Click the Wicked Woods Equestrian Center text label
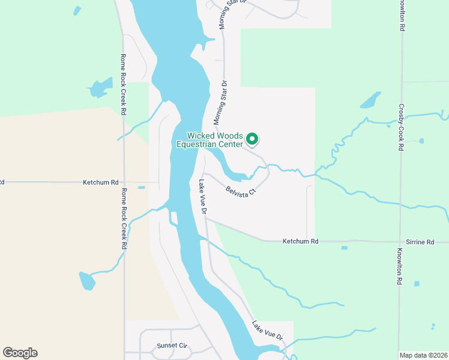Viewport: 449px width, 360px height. click(x=209, y=140)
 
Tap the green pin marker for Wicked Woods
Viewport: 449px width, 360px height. click(x=253, y=139)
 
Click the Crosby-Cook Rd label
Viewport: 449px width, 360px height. click(x=400, y=127)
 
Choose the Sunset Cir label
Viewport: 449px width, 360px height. click(x=172, y=346)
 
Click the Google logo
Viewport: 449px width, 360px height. click(x=20, y=353)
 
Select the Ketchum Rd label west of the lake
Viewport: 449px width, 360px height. click(x=101, y=181)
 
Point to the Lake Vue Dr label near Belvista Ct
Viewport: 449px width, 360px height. click(x=203, y=197)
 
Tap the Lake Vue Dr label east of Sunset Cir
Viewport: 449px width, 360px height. click(x=267, y=331)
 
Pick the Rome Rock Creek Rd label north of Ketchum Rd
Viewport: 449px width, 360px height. click(x=123, y=85)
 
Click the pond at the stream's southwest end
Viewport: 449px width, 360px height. click(x=87, y=280)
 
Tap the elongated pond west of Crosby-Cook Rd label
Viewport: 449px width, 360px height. click(x=370, y=100)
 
